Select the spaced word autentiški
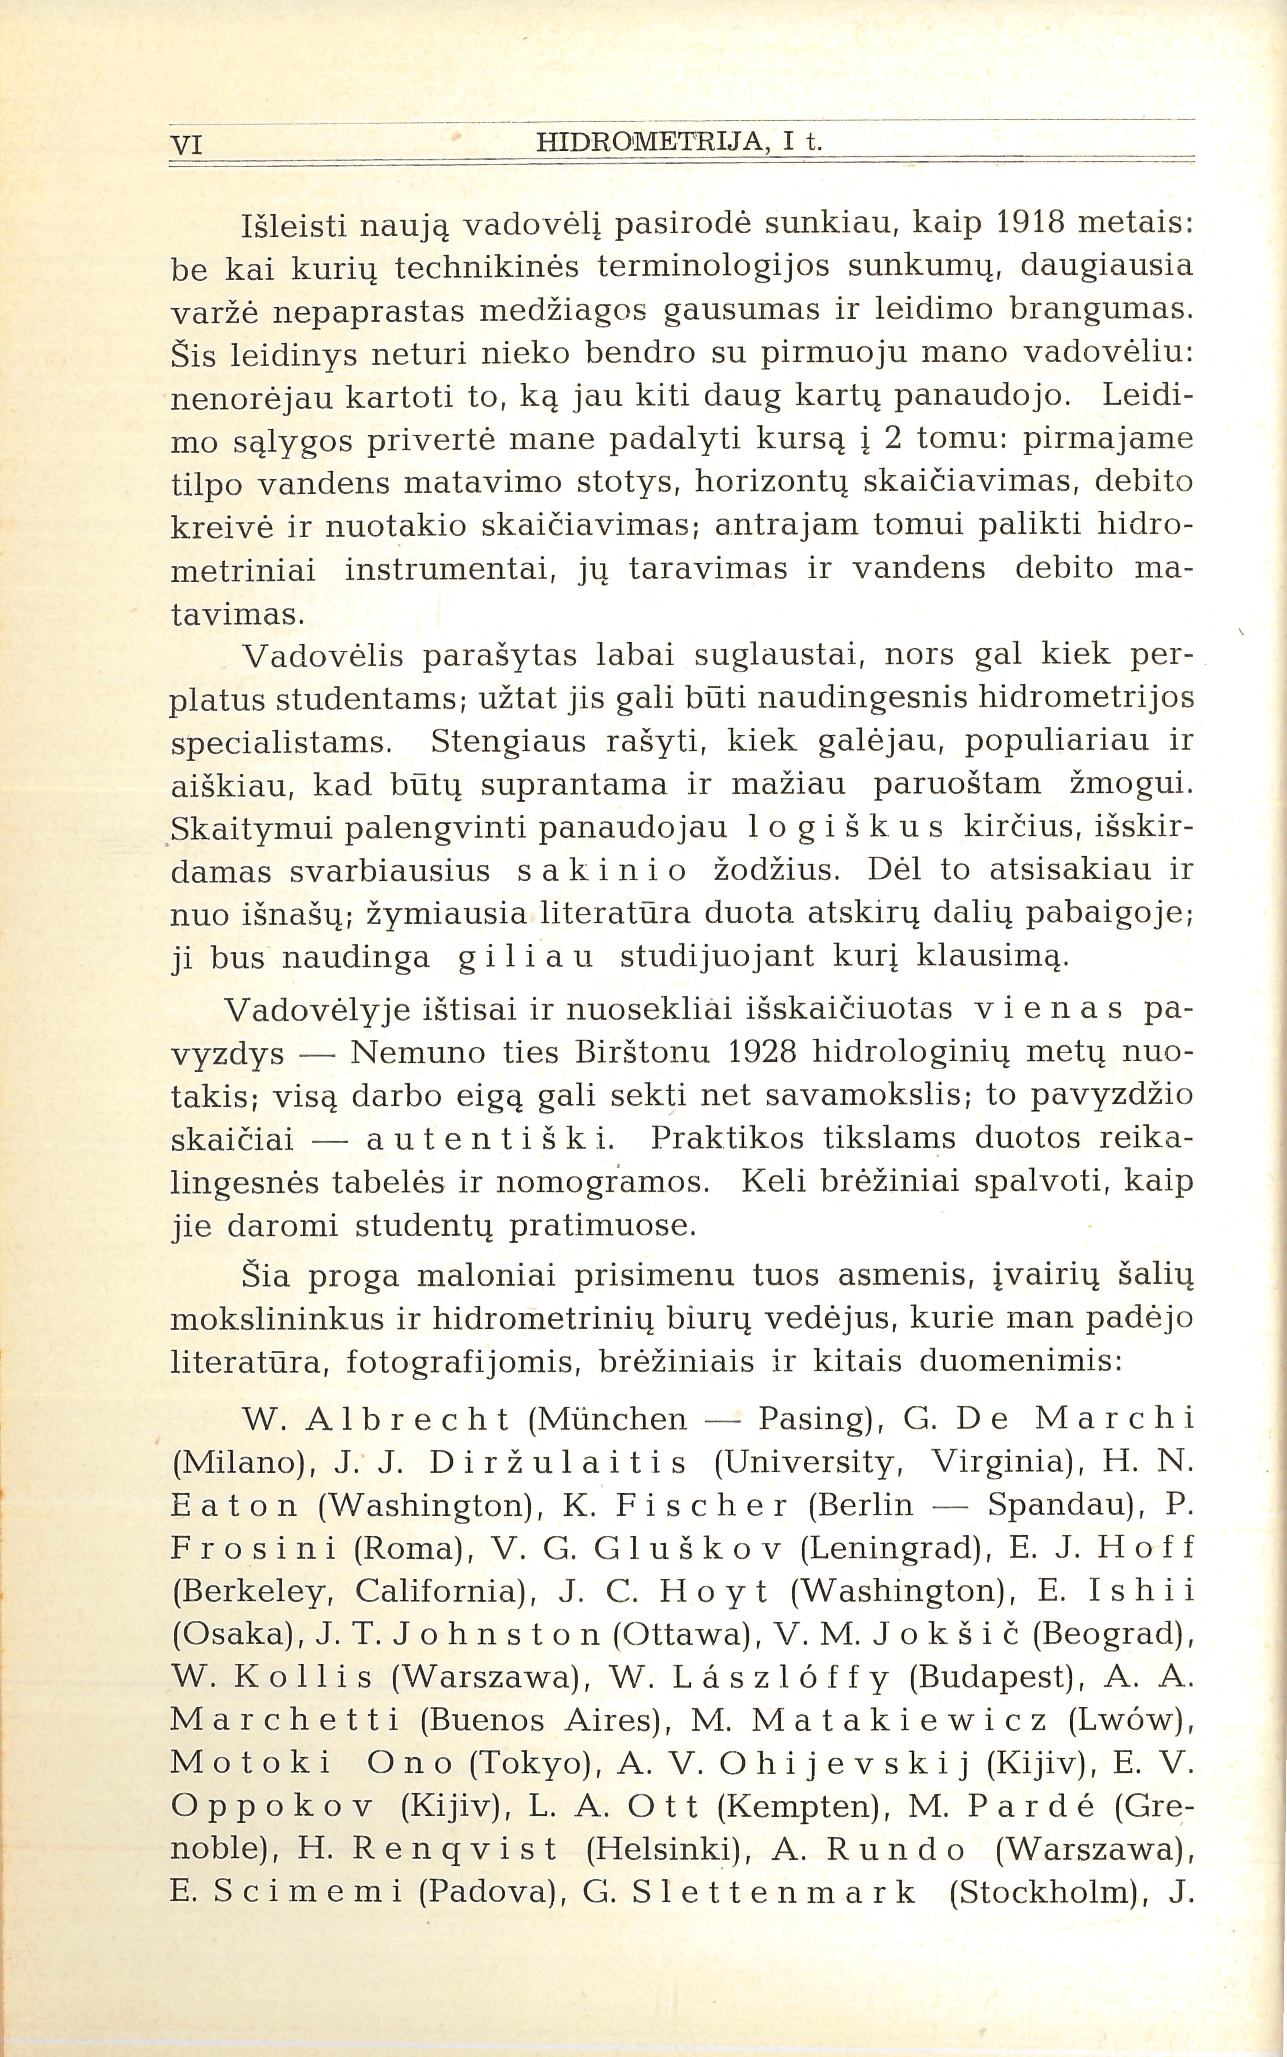(489, 1139)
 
